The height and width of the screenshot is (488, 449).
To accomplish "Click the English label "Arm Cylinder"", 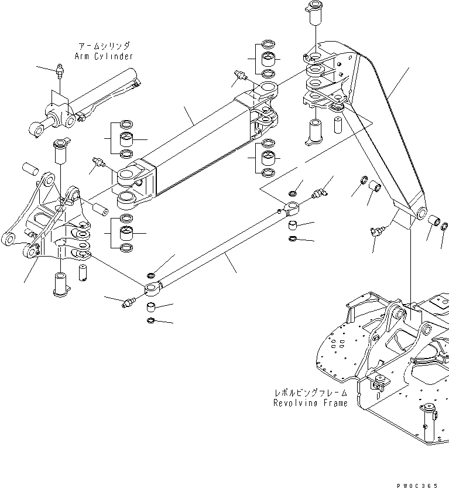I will point(104,56).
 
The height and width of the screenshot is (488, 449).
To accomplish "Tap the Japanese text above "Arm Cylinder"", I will point(104,46).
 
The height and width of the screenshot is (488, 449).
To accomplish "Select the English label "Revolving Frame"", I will point(310,403).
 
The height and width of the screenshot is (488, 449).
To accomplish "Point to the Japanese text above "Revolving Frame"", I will point(310,393).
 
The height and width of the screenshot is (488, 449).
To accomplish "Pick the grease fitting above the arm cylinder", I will point(60,71).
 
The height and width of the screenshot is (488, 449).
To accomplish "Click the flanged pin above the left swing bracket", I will point(60,151).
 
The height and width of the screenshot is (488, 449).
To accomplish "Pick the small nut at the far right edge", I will point(444,226).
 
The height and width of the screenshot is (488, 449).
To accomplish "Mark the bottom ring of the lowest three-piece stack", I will point(126,248).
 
